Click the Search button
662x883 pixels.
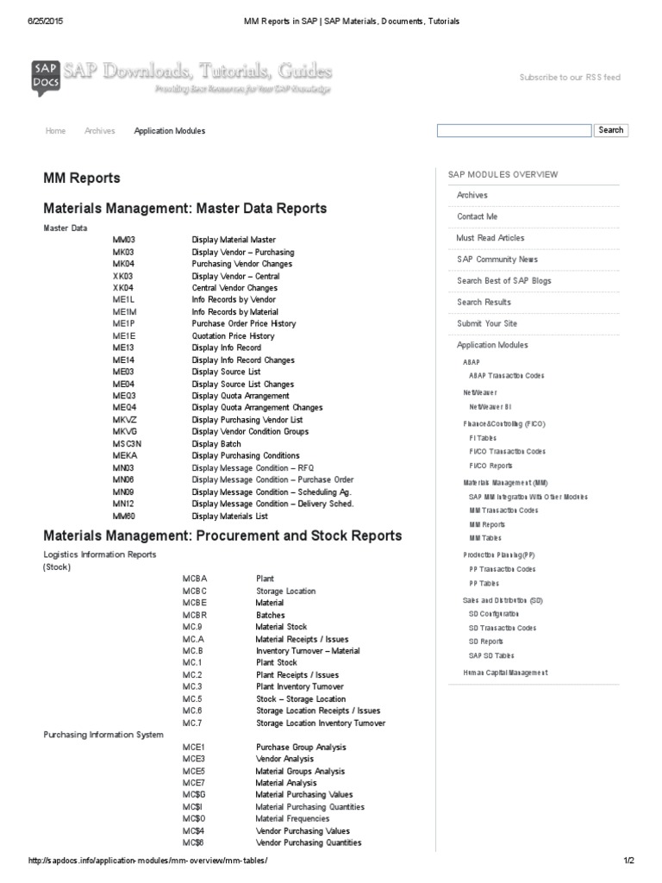click(610, 130)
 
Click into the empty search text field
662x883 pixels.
click(514, 130)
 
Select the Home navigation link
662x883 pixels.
click(55, 131)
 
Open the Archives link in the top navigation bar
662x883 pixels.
click(100, 131)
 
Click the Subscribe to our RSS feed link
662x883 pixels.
click(569, 78)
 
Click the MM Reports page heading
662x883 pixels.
click(82, 178)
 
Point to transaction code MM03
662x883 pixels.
click(124, 240)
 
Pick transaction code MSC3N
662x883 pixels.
click(127, 444)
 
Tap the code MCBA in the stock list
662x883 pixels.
click(195, 579)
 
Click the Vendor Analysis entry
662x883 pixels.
click(284, 759)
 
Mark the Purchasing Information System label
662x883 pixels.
click(103, 735)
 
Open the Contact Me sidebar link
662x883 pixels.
click(477, 216)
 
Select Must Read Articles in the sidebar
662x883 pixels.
click(490, 238)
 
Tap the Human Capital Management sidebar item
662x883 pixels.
click(505, 673)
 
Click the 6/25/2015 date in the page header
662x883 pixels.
click(24, 21)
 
